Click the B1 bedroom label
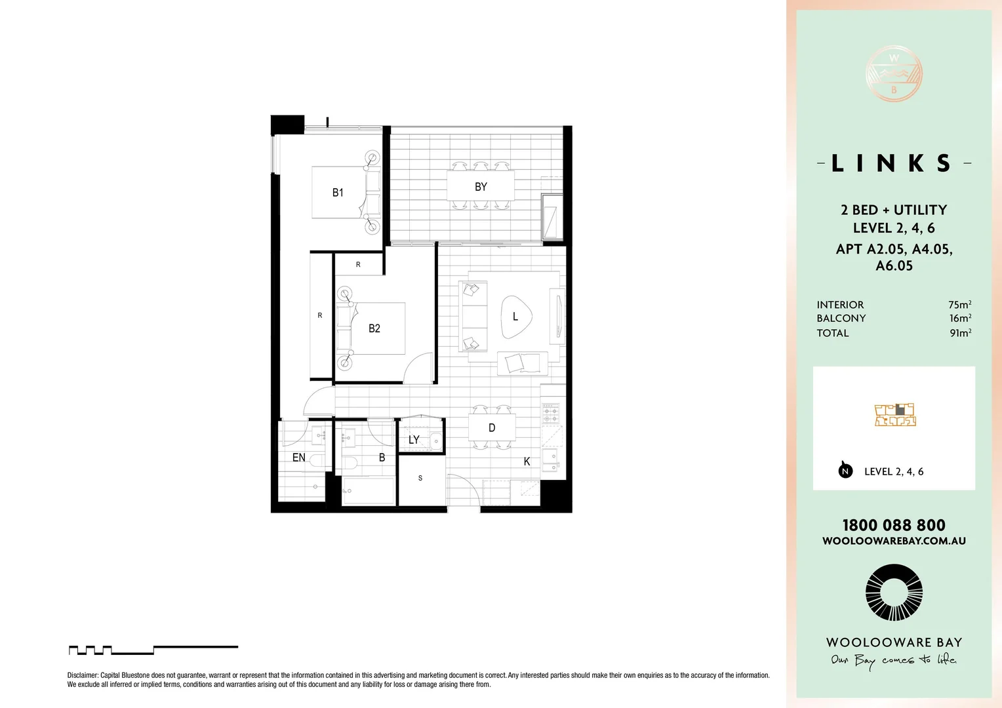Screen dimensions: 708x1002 [338, 193]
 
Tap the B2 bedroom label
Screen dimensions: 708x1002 [374, 328]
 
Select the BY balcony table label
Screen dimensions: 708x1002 [481, 187]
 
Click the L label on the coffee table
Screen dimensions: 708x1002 [515, 317]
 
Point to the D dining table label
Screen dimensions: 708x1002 [492, 428]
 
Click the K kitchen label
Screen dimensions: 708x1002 [527, 462]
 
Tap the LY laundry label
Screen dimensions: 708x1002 [414, 440]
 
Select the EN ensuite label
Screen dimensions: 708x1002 [298, 458]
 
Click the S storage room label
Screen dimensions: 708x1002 [420, 478]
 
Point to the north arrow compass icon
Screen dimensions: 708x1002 [845, 470]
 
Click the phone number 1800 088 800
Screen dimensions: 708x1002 [894, 525]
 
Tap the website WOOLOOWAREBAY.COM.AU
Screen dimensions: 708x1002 [894, 541]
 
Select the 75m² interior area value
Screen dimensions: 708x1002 [959, 305]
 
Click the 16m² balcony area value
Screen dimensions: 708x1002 [960, 319]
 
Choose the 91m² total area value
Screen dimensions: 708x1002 [960, 333]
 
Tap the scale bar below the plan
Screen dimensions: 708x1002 [153, 650]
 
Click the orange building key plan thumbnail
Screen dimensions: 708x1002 [895, 415]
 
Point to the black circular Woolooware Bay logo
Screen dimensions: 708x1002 [894, 593]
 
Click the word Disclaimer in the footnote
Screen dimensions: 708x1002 [83, 675]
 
